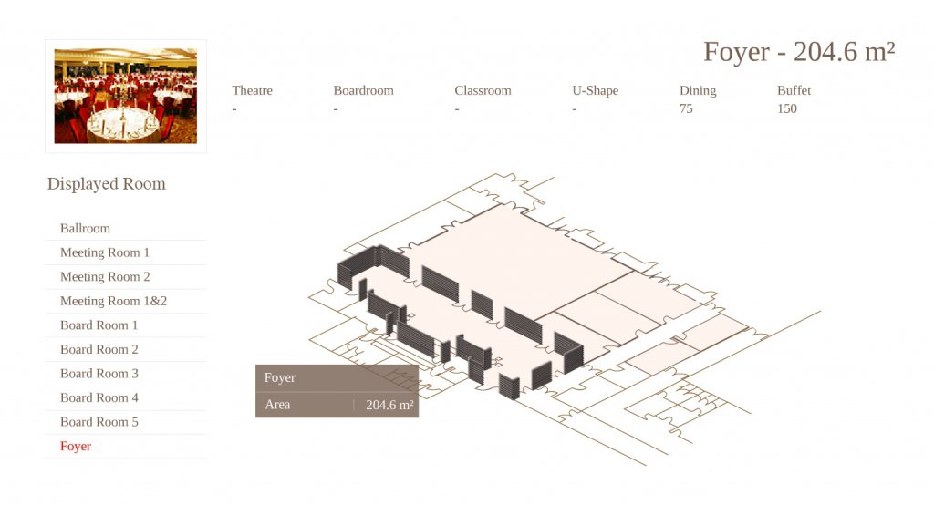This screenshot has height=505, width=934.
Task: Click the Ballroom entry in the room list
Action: pyautogui.click(x=85, y=228)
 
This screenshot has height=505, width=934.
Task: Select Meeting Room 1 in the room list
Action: pyautogui.click(x=105, y=252)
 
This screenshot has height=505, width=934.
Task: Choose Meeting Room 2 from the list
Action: pyautogui.click(x=105, y=277)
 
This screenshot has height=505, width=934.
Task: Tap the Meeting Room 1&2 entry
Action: pyautogui.click(x=113, y=301)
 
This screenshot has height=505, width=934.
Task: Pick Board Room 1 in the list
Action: pyautogui.click(x=99, y=325)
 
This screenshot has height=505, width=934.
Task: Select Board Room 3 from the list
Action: pyautogui.click(x=99, y=374)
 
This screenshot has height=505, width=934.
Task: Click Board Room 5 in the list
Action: pyautogui.click(x=99, y=422)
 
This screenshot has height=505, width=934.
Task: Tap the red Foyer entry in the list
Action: pyautogui.click(x=76, y=446)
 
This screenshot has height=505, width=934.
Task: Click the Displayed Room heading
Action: pyautogui.click(x=107, y=183)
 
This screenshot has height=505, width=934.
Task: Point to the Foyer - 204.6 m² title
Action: pyautogui.click(x=799, y=52)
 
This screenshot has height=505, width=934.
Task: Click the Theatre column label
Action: pyautogui.click(x=252, y=90)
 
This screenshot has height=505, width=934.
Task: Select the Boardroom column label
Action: pyautogui.click(x=363, y=90)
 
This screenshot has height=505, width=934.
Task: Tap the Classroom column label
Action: pyautogui.click(x=483, y=90)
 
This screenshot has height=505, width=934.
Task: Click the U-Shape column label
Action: pyautogui.click(x=595, y=90)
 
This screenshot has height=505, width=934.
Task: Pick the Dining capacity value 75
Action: pyautogui.click(x=686, y=108)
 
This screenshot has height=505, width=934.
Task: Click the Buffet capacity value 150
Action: pyautogui.click(x=787, y=108)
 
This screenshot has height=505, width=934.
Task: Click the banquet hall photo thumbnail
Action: pyautogui.click(x=126, y=96)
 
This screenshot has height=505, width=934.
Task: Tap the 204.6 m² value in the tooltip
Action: pyautogui.click(x=389, y=405)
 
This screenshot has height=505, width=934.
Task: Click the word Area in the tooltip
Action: pyautogui.click(x=277, y=405)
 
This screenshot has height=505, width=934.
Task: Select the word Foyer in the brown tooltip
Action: pyautogui.click(x=280, y=377)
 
